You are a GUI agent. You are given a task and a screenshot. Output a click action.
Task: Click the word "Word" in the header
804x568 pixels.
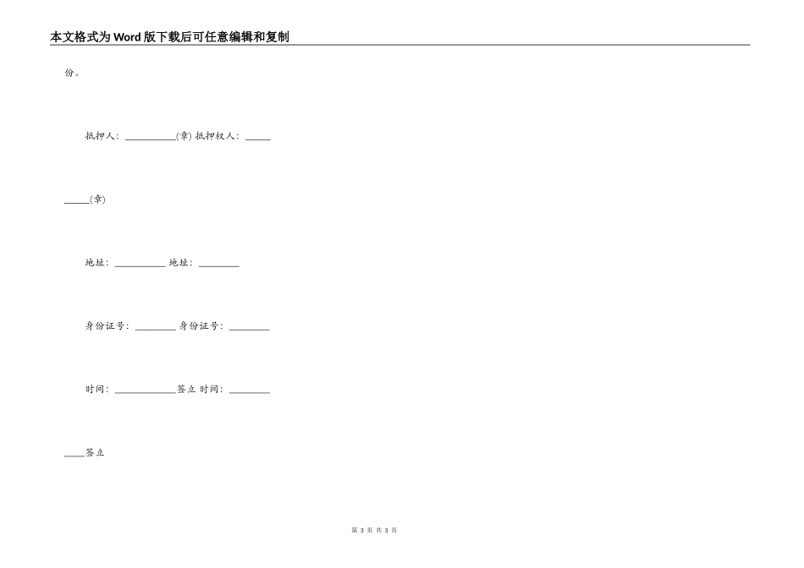tap(127, 37)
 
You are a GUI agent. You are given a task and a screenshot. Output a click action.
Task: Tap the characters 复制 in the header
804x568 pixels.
tap(277, 37)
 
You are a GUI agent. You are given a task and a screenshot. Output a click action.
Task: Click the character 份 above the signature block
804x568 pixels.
tap(69, 73)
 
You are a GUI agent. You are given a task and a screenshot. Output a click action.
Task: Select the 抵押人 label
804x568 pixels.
tap(100, 136)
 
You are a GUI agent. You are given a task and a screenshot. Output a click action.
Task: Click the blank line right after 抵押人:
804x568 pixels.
tap(151, 139)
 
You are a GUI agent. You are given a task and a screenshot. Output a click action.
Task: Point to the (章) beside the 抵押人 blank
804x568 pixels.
tap(184, 136)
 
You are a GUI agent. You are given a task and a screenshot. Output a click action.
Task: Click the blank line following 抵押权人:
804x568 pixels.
tap(258, 139)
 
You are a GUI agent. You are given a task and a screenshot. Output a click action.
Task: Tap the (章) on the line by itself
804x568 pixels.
tap(97, 199)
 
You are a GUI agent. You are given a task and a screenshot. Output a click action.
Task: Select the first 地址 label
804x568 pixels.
tap(95, 263)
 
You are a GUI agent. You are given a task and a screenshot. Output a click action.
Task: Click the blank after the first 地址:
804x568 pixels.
tap(140, 266)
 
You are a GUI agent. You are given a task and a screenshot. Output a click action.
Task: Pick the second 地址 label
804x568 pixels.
tap(179, 263)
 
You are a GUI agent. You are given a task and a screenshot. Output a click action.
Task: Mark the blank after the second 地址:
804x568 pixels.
tap(219, 266)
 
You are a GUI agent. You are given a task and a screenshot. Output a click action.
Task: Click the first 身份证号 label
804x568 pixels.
tap(105, 325)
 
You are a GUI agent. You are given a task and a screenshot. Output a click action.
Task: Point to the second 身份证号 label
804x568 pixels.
tap(199, 325)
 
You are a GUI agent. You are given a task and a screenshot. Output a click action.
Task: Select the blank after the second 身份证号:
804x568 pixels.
tap(249, 330)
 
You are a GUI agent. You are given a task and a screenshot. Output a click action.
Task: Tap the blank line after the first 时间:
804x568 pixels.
tap(145, 393)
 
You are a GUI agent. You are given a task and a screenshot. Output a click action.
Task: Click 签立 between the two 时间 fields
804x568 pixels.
tap(187, 390)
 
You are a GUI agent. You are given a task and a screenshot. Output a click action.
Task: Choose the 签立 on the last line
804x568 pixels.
tap(95, 452)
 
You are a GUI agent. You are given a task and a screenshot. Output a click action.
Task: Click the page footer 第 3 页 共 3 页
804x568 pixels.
tap(374, 530)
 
